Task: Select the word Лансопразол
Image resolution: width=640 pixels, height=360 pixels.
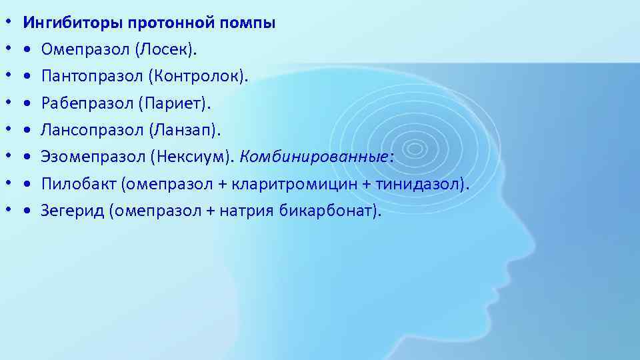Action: tap(92, 130)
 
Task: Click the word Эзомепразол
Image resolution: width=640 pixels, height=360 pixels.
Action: tap(93, 157)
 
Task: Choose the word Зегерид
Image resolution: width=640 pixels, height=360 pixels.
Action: tap(73, 211)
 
